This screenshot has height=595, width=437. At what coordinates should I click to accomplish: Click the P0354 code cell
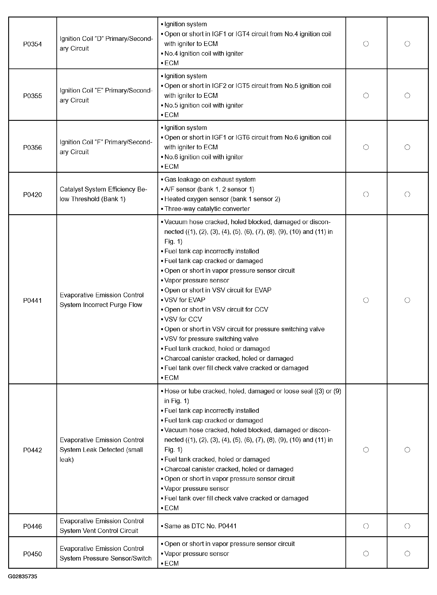[32, 44]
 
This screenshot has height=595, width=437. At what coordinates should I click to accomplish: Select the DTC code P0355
[32, 96]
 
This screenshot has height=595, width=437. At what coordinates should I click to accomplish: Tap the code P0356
[32, 148]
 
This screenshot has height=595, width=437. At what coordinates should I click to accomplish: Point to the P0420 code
[32, 195]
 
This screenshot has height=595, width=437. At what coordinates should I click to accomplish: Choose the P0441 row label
[32, 301]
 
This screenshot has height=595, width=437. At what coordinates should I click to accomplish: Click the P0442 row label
[32, 450]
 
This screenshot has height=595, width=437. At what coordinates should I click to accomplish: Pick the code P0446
[32, 527]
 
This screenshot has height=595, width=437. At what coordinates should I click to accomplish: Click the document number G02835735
[23, 576]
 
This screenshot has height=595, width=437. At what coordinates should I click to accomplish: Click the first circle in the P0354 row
[366, 44]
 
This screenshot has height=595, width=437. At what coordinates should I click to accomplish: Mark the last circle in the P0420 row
[407, 194]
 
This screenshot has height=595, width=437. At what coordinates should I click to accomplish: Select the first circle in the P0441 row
[366, 300]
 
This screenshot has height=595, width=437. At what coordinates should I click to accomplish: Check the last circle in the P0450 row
[407, 553]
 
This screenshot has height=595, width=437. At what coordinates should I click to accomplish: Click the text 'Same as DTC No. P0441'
[200, 526]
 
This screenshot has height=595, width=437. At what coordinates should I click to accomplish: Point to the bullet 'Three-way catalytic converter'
[207, 209]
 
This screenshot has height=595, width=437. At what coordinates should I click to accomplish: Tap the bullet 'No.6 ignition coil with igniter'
[204, 157]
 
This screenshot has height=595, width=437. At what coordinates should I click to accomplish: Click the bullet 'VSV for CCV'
[183, 319]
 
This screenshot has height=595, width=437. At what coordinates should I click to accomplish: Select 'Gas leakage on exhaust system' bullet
[210, 180]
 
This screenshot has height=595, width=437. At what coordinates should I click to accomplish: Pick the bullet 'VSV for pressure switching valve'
[211, 339]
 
